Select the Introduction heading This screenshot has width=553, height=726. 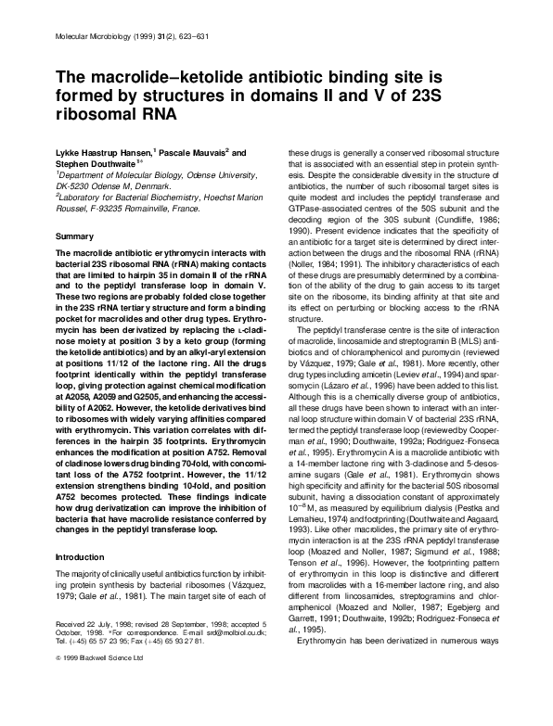point(81,556)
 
